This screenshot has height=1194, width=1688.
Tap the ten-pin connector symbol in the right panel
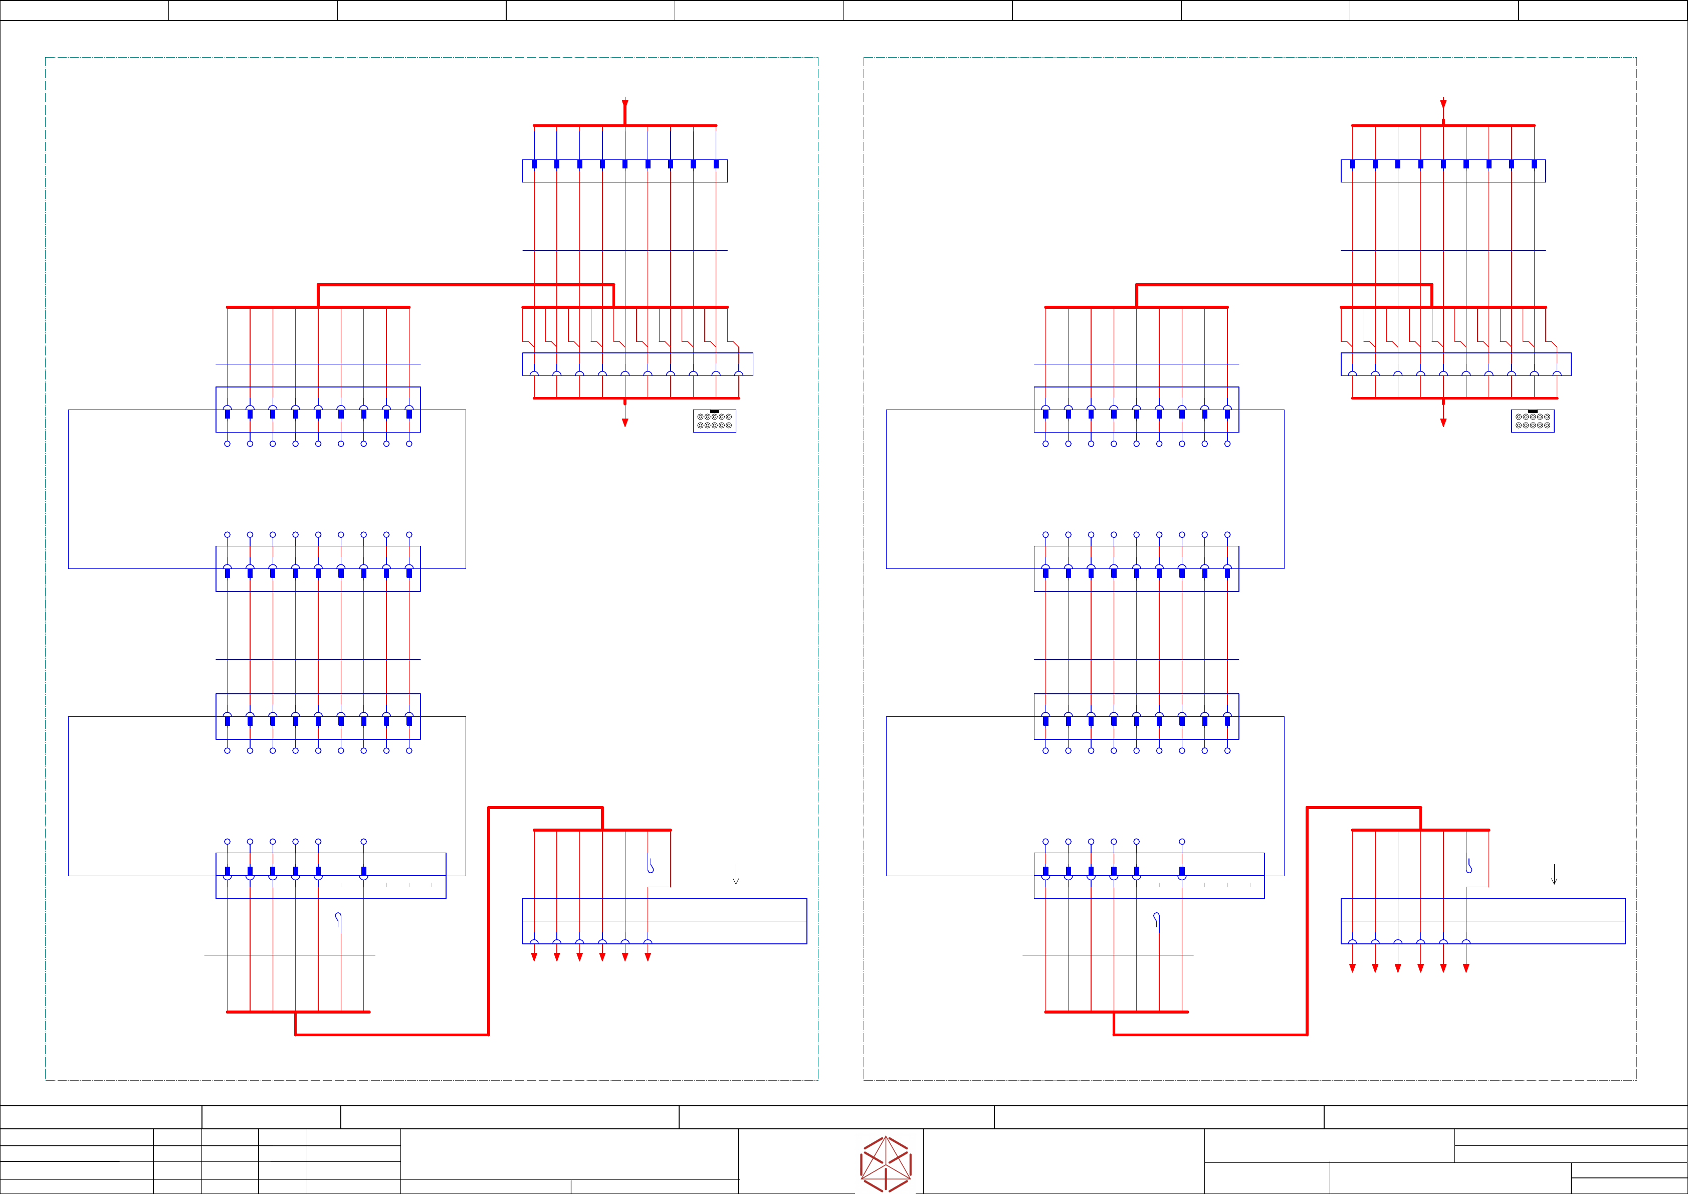tap(1533, 421)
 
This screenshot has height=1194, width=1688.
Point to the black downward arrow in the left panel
tap(736, 875)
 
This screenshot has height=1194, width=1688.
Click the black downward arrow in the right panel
tap(1554, 875)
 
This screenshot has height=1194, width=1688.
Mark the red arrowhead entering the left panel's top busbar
tap(625, 104)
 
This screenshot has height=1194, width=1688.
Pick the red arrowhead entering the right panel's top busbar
tap(1443, 104)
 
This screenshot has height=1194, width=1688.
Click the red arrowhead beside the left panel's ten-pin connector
tap(625, 423)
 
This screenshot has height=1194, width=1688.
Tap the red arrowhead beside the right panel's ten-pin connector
tap(1443, 423)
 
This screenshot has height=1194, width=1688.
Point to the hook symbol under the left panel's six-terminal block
tap(338, 919)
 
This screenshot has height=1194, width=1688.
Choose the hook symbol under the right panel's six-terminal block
tap(1156, 919)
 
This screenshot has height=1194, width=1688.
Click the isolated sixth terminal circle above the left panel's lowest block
tap(363, 842)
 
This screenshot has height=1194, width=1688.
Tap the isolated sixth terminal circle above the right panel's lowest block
tap(1181, 842)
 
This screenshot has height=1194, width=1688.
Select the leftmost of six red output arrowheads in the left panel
tap(534, 957)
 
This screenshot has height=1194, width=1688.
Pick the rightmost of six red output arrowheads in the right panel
tap(1466, 968)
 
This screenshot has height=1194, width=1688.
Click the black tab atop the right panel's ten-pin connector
tap(1533, 412)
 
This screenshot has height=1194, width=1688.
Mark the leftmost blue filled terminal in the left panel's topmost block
tap(534, 164)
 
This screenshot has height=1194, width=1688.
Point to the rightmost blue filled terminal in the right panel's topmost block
tap(1534, 164)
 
